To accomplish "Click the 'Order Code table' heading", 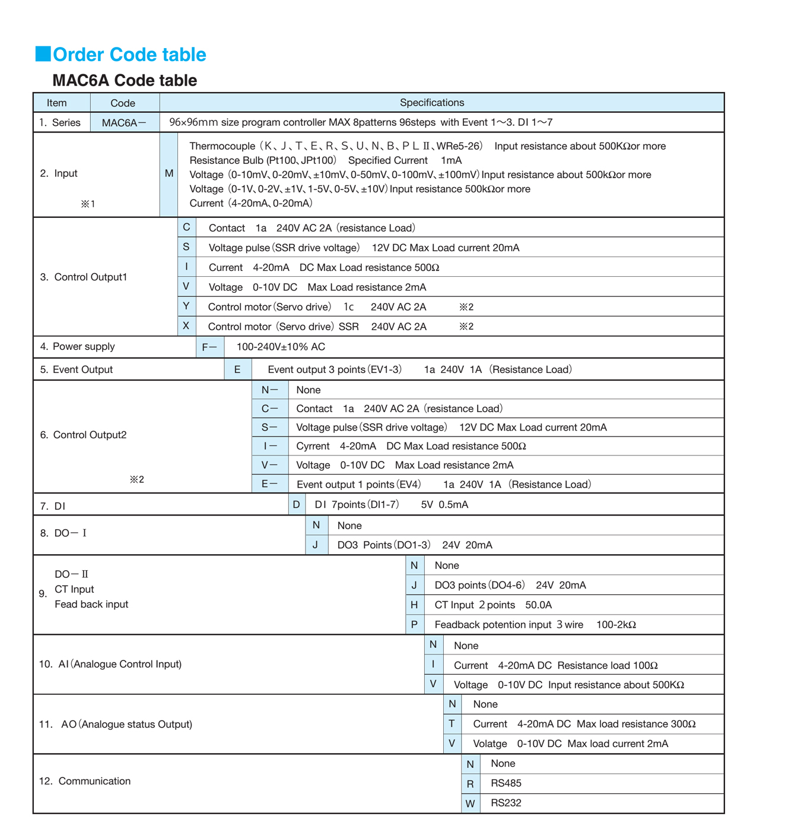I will pyautogui.click(x=129, y=55).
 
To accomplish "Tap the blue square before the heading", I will pyautogui.click(x=43, y=54).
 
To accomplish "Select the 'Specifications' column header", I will pyautogui.click(x=431, y=103).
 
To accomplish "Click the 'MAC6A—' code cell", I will pyautogui.click(x=124, y=123).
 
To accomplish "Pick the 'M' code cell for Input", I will pyautogui.click(x=169, y=173).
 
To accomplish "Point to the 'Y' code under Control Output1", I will pyautogui.click(x=186, y=306).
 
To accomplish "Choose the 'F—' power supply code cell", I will pyautogui.click(x=209, y=347).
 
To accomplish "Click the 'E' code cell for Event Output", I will pyautogui.click(x=237, y=369).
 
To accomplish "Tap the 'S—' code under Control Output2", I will pyautogui.click(x=269, y=427).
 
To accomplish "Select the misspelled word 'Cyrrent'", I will pyautogui.click(x=313, y=446).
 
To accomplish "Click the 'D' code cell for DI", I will pyautogui.click(x=296, y=504).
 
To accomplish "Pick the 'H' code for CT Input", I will pyautogui.click(x=414, y=605).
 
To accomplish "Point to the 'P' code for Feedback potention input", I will pyautogui.click(x=414, y=624).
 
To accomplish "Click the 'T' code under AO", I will pyautogui.click(x=452, y=723).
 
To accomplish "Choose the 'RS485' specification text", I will pyautogui.click(x=506, y=783).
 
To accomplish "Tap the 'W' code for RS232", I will pyautogui.click(x=470, y=804).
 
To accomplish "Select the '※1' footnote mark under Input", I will pyautogui.click(x=88, y=204).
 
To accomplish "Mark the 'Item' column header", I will pyautogui.click(x=57, y=103).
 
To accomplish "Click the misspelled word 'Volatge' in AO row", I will pyautogui.click(x=490, y=744).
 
